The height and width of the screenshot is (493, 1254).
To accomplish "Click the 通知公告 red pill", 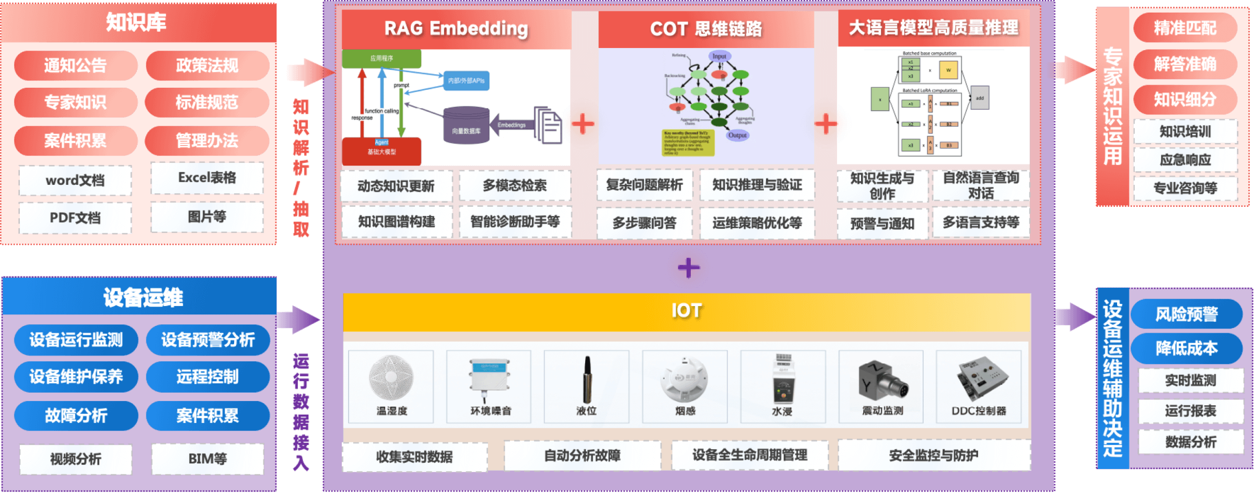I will [75, 66].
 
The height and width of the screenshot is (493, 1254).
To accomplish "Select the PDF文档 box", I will [75, 218].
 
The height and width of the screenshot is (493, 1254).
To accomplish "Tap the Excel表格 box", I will [207, 178].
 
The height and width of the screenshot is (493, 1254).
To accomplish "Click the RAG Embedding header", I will [456, 29].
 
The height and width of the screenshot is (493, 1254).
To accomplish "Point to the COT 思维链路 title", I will [706, 29].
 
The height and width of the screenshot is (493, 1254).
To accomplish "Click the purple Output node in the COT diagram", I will [737, 135].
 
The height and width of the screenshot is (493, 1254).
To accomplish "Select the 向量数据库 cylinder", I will [466, 126].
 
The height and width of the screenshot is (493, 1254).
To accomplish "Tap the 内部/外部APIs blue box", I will [466, 80].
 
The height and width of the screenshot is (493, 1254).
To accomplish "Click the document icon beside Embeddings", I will [548, 125].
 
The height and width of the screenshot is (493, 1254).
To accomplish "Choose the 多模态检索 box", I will [515, 186].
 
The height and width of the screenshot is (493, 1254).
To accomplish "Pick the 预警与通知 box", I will [882, 224].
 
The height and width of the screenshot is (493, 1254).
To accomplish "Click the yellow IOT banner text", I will [686, 311].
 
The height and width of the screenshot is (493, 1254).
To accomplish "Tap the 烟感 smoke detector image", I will [684, 380].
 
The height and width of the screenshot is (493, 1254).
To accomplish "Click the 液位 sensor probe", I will [587, 380].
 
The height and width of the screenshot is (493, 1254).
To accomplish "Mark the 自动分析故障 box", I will [582, 456].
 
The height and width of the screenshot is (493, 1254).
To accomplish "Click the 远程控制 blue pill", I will [207, 377].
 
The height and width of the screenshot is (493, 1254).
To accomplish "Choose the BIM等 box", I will [207, 459].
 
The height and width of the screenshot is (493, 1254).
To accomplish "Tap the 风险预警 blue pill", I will [1186, 314].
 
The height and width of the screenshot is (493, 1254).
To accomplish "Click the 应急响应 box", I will [1185, 160].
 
